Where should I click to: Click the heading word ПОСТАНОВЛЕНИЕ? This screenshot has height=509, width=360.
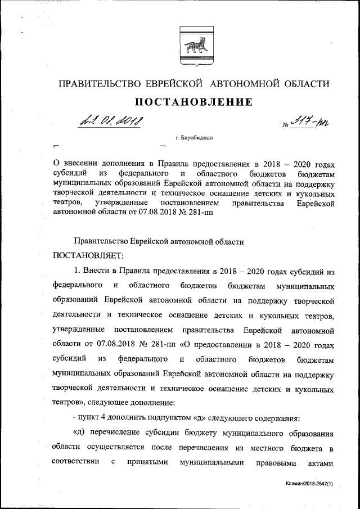click(191, 102)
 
